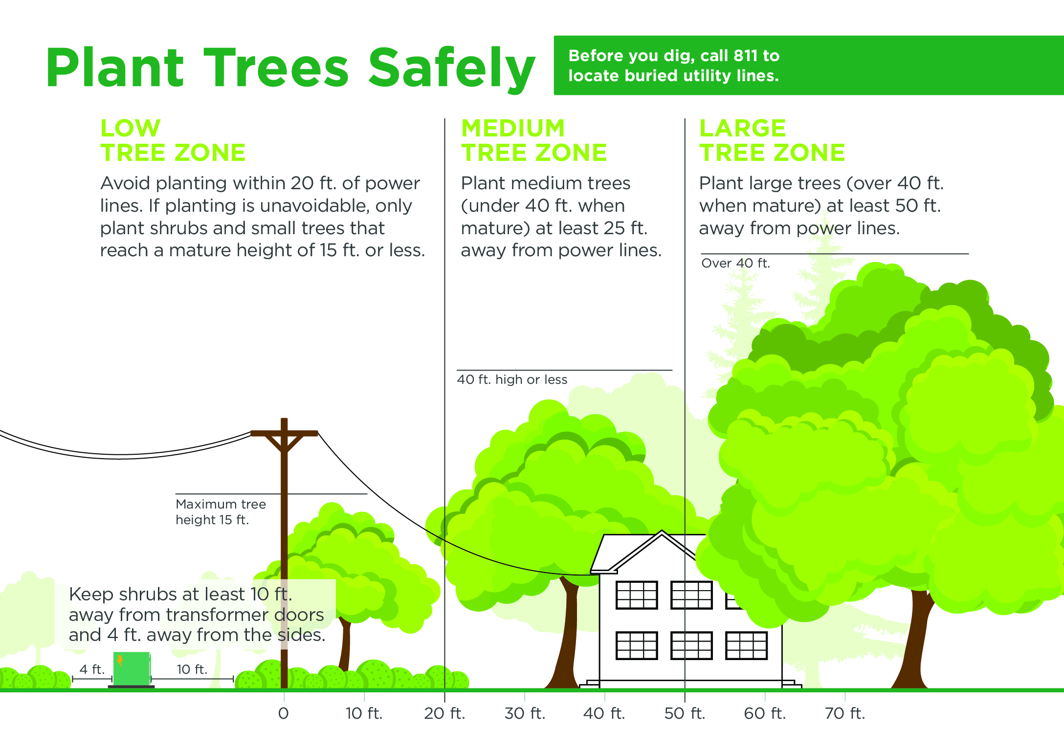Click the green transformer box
point(132,668)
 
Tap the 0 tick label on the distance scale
point(284,714)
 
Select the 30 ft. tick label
point(525,714)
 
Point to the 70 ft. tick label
point(845,714)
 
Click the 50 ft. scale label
point(685,714)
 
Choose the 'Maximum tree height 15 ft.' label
point(221,512)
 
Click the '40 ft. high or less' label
point(512,380)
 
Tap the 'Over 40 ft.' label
point(735,264)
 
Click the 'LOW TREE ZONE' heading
point(173,140)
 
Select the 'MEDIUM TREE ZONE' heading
point(534,140)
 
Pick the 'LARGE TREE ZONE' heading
point(772,140)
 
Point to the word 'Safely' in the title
point(452,68)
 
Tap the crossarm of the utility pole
point(284,433)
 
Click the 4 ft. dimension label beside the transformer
point(92,669)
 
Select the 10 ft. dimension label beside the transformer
point(192,669)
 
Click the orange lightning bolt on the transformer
point(119,661)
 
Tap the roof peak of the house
point(662,531)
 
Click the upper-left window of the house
point(637,595)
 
